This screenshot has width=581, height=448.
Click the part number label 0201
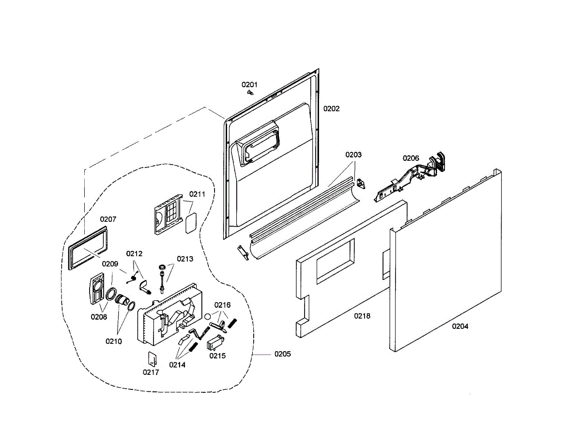point(250,84)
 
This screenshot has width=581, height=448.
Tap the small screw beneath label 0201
point(250,92)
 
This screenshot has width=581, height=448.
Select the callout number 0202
point(332,108)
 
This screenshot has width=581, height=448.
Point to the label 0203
point(353,154)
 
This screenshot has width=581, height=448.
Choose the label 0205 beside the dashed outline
point(283,354)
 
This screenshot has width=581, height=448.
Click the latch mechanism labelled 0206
point(412,179)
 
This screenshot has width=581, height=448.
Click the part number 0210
point(114,341)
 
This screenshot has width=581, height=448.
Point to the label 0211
point(197,194)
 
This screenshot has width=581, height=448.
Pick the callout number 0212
point(134,253)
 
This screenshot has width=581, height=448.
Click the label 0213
point(185,259)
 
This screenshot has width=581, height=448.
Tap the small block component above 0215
point(214,344)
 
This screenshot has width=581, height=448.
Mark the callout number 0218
point(362,316)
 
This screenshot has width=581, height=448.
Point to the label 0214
point(177,365)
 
